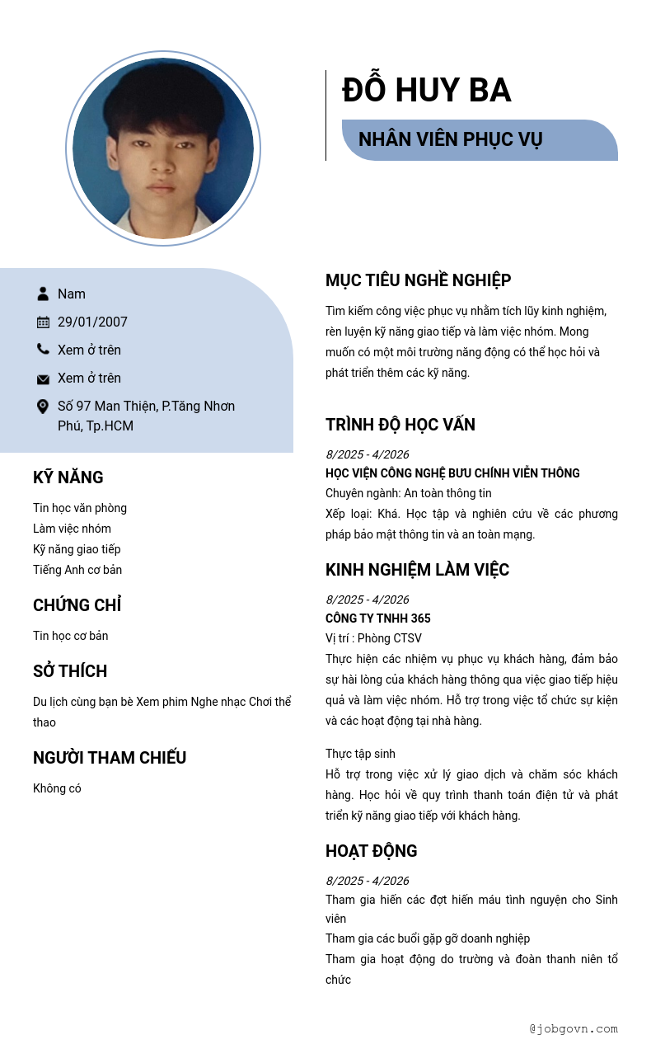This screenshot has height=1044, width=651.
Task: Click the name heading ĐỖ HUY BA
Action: coord(426,91)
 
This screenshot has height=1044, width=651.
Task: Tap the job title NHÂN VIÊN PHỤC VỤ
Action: coord(450,139)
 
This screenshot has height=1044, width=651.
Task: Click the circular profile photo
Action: coord(163,148)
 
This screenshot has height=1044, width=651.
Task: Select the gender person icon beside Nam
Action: coord(43,294)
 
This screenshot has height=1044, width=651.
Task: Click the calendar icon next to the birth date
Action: coord(43,322)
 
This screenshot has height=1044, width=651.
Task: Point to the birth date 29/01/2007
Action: coord(92,322)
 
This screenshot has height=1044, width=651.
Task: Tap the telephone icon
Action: coord(43,350)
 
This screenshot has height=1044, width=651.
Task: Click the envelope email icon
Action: coord(43,379)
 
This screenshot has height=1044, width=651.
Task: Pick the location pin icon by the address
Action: coord(43,407)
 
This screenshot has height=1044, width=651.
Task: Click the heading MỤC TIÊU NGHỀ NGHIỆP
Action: coord(418,280)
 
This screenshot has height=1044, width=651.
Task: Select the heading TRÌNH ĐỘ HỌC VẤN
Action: coord(400,425)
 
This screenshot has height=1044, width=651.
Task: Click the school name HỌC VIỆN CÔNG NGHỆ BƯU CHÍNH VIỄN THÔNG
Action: coord(452,473)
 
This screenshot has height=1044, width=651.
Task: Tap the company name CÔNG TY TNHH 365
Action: coord(377,618)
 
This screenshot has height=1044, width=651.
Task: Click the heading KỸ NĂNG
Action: coord(68,477)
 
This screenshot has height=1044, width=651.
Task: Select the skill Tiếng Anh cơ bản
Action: coord(77,570)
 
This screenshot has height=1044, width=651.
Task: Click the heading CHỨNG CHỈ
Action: coord(77,605)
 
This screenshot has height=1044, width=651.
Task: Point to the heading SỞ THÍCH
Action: coord(70,671)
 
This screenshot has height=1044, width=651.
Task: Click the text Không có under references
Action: coord(57,788)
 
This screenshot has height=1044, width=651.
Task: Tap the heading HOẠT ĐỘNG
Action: coord(371,851)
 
